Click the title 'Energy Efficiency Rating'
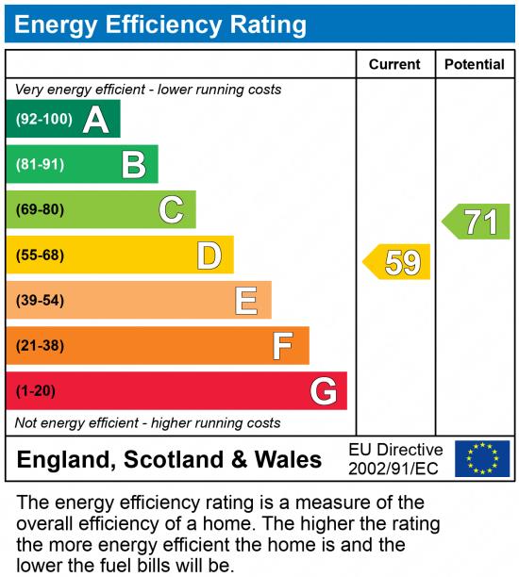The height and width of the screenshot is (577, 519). (160, 24)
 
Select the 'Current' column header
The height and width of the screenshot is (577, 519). (394, 64)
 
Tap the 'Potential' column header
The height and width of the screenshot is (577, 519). (475, 64)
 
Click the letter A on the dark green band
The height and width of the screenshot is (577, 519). (95, 120)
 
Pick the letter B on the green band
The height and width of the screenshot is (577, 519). (133, 165)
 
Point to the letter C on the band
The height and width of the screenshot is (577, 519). (171, 209)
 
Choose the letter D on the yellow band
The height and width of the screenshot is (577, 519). (209, 256)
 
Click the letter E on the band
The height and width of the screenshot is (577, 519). (246, 301)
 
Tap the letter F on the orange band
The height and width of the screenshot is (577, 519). (283, 346)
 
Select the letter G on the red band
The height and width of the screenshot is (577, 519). (323, 391)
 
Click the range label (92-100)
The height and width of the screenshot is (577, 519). (43, 120)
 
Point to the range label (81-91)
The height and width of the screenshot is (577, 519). (40, 165)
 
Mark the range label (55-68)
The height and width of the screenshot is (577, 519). (40, 256)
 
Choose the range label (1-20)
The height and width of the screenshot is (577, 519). (36, 391)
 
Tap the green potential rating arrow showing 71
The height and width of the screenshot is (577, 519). (477, 223)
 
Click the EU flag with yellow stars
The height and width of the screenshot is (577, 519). (482, 459)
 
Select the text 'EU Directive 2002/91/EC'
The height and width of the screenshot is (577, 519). (395, 459)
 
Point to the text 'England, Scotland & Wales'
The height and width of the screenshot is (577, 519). (170, 460)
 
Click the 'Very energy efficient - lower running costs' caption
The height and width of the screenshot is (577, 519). (148, 90)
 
